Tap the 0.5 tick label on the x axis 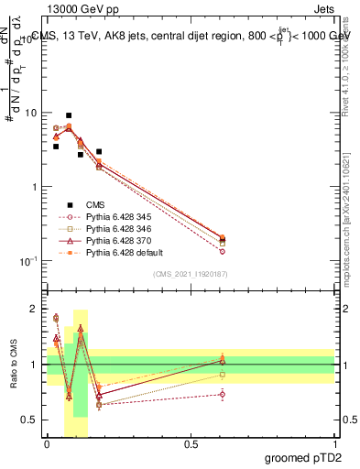tap(191, 445)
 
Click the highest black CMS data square tap(69, 115)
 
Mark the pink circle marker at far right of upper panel tap(223, 251)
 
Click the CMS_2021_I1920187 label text tap(191, 274)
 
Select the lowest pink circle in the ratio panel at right tap(223, 395)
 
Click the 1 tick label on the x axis tap(334, 445)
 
